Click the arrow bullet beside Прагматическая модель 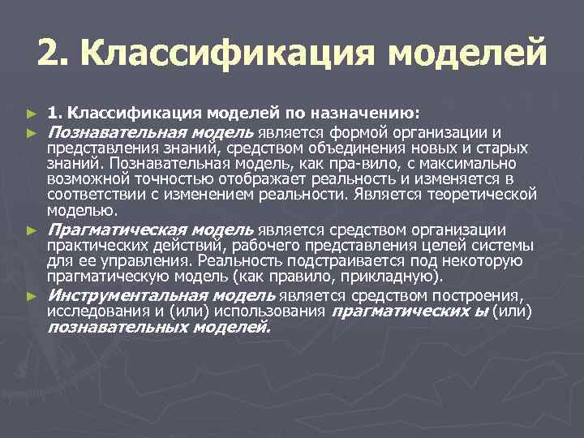pos(32,232)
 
